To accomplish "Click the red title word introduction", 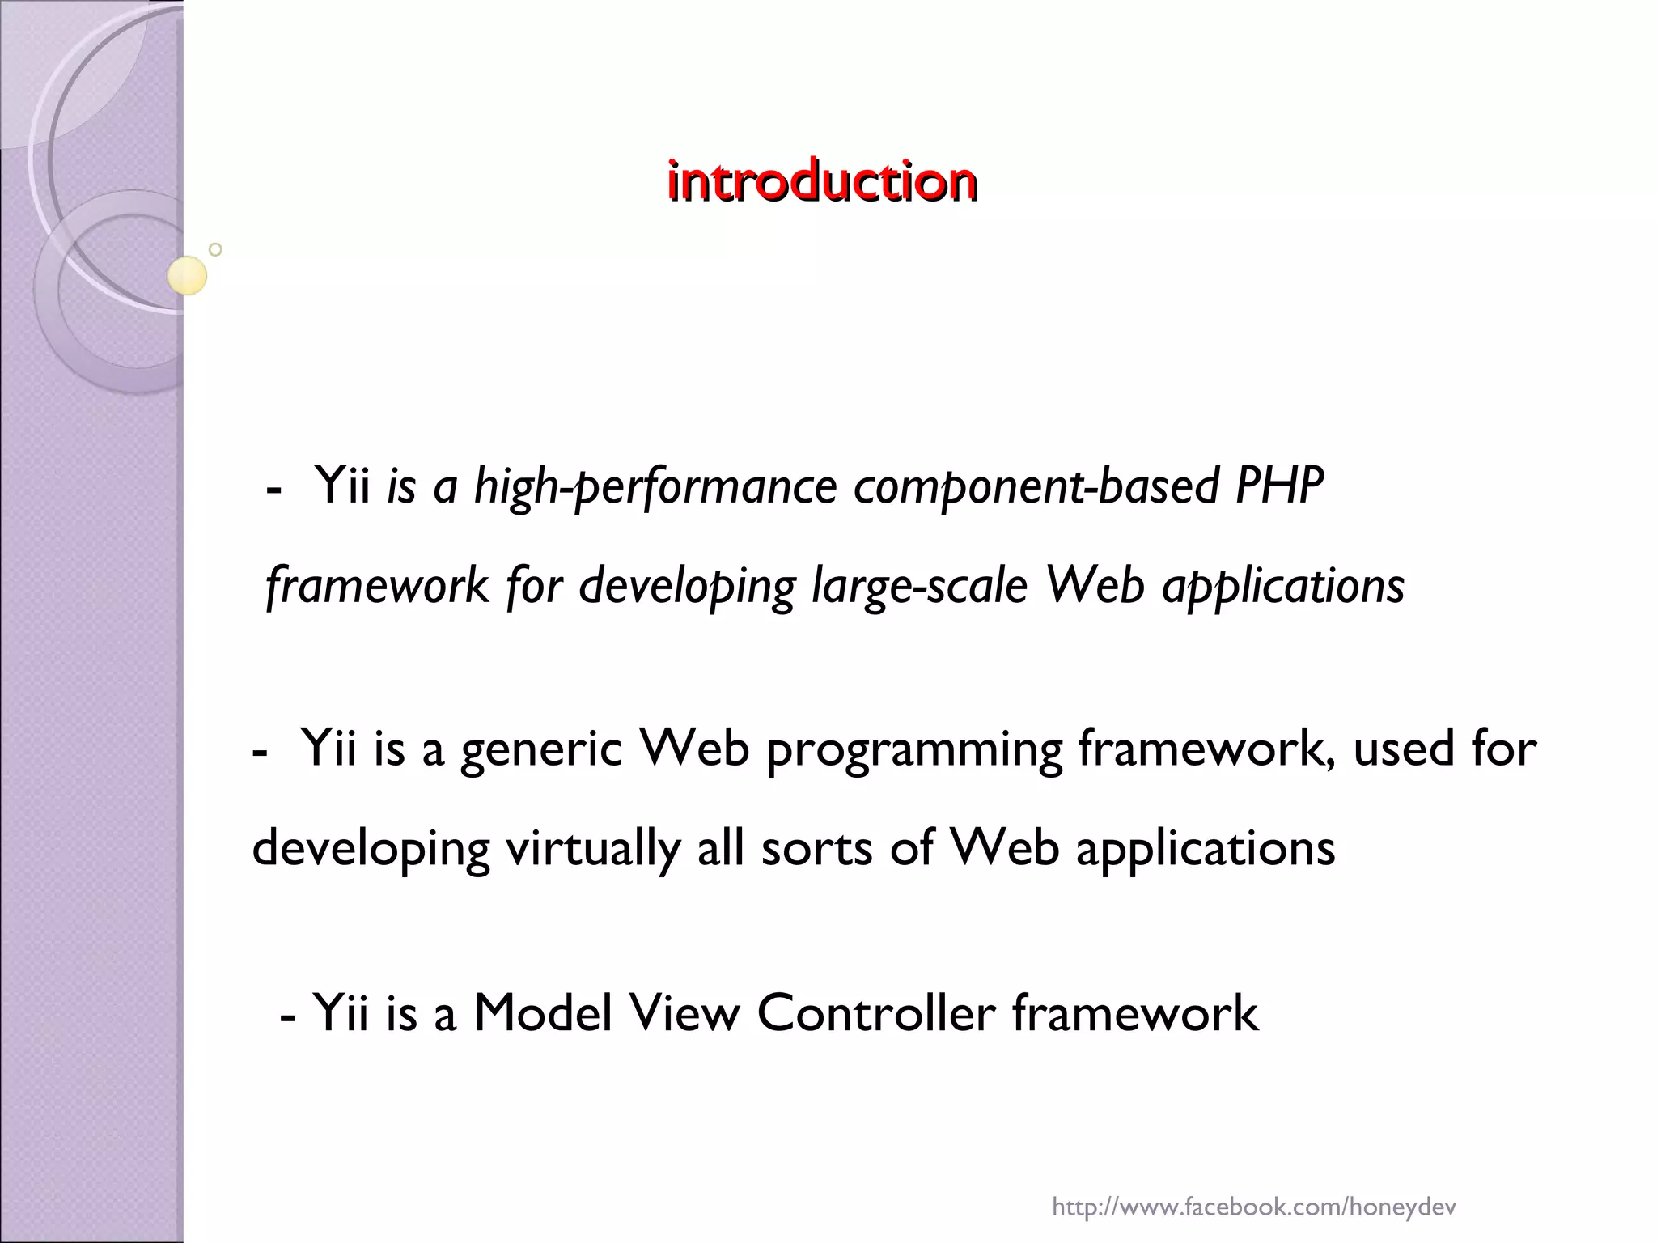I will [x=821, y=181].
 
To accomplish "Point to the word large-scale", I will [x=919, y=586].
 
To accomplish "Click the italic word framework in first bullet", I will [x=377, y=586].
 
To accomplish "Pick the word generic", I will [x=540, y=749].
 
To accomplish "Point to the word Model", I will [x=542, y=1013].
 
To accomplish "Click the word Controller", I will [x=875, y=1013].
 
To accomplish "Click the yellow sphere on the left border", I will [x=187, y=275].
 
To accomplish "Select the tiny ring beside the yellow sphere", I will [x=215, y=249].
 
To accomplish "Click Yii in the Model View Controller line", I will [x=341, y=1013].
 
